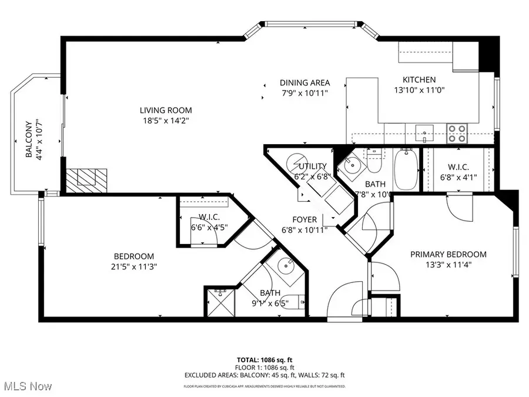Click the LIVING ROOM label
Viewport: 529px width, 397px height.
[166, 110]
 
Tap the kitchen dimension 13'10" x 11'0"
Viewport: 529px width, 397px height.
[418, 91]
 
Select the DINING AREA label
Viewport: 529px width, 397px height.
[304, 82]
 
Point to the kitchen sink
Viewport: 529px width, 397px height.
[424, 131]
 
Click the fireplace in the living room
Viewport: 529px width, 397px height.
[86, 180]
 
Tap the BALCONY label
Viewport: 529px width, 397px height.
[28, 139]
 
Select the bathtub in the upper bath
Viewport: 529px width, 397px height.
[406, 170]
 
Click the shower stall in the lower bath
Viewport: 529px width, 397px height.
[221, 302]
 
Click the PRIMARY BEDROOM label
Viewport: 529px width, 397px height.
[448, 254]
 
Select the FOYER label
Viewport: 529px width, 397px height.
[307, 219]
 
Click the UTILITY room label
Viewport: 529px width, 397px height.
[312, 166]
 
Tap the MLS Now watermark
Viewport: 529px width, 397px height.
[26, 386]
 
